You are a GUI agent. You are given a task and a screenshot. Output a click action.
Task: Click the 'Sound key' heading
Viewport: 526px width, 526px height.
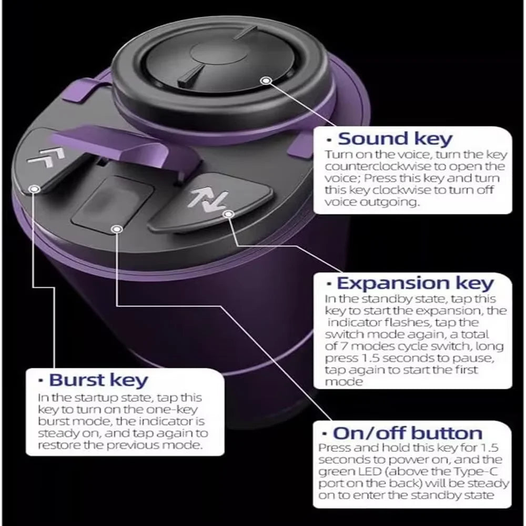[395, 139]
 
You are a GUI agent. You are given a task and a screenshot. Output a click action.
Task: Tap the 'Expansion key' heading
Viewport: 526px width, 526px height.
[415, 284]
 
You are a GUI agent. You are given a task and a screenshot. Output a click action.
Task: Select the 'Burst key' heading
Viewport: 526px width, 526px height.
[98, 381]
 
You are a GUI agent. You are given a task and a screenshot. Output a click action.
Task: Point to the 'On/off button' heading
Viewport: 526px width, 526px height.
[407, 433]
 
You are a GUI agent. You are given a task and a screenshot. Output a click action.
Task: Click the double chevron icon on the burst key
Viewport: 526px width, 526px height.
[46, 157]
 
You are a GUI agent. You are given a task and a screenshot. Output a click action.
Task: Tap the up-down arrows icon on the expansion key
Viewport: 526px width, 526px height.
[208, 200]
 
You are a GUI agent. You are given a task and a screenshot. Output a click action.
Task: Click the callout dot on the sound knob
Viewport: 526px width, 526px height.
[266, 80]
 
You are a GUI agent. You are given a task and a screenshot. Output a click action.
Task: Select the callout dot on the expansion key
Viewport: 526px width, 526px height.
[228, 214]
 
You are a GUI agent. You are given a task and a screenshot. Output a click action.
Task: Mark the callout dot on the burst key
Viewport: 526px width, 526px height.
[34, 189]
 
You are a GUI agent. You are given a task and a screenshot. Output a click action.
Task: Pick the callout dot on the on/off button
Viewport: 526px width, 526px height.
[117, 229]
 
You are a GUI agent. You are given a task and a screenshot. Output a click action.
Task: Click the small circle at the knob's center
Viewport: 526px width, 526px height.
[219, 54]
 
